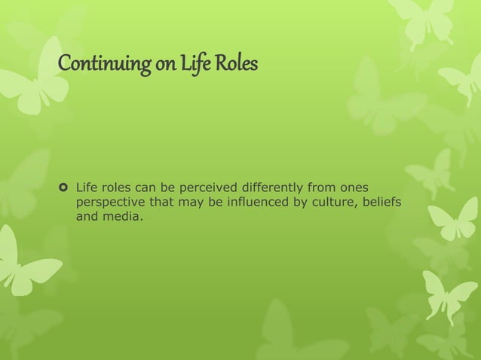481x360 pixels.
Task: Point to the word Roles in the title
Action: [x=236, y=66]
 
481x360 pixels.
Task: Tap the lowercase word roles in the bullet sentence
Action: [x=119, y=185]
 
